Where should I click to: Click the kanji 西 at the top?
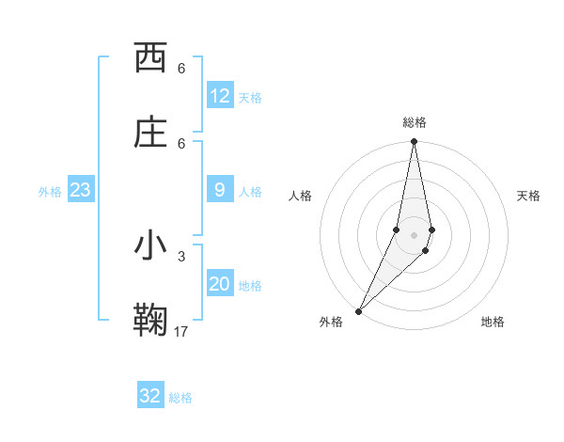click(x=150, y=58)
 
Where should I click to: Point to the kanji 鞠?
click(x=150, y=320)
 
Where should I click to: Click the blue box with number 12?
click(x=220, y=96)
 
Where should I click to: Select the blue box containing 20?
click(x=220, y=285)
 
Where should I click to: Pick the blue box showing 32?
click(x=150, y=396)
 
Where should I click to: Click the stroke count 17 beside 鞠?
click(x=181, y=331)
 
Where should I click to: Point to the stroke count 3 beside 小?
click(x=181, y=256)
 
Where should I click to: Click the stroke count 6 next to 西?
click(x=181, y=69)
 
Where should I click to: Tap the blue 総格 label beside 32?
click(x=181, y=398)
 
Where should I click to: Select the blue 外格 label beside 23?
click(x=50, y=192)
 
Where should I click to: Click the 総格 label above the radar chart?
click(x=415, y=122)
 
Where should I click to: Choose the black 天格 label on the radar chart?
click(x=528, y=196)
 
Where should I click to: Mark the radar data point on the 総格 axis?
click(x=414, y=142)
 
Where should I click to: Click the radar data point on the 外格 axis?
click(x=358, y=310)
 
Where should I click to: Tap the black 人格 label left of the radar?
click(x=300, y=196)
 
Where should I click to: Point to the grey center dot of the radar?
click(x=414, y=235)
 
